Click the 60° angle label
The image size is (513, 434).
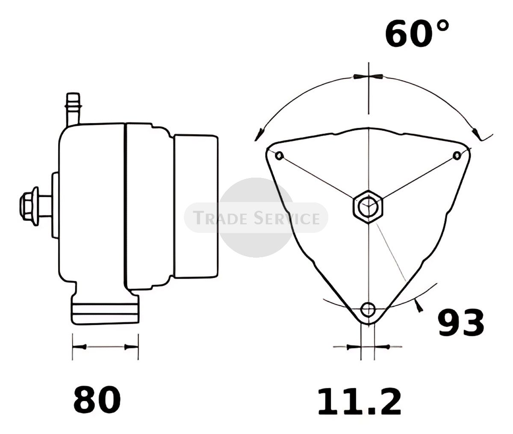pyautogui.click(x=417, y=34)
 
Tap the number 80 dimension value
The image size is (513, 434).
pyautogui.click(x=97, y=399)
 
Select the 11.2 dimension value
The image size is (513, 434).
pyautogui.click(x=360, y=401)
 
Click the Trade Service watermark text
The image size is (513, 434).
pyautogui.click(x=256, y=218)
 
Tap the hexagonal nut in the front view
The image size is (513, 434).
pyautogui.click(x=368, y=206)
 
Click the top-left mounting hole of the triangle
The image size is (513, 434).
pyautogui.click(x=279, y=155)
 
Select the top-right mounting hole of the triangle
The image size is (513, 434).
pyautogui.click(x=457, y=155)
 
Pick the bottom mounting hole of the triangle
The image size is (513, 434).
pyautogui.click(x=368, y=309)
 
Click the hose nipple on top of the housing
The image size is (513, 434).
pyautogui.click(x=73, y=109)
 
